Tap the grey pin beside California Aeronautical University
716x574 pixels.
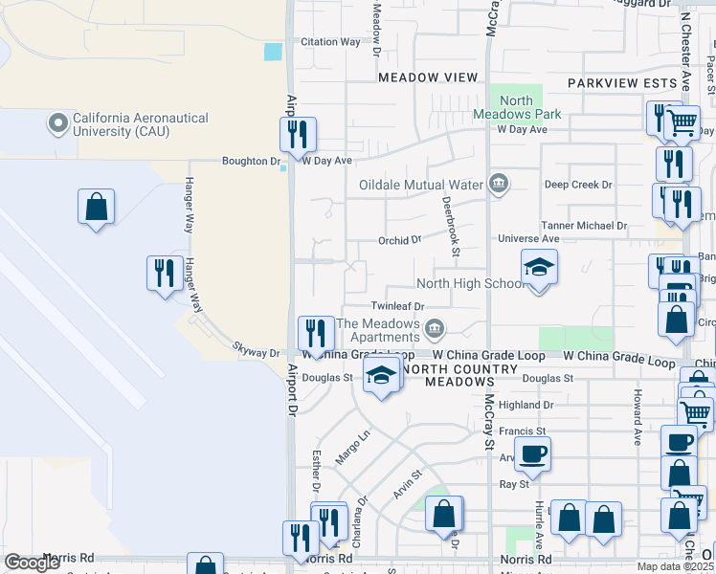[x=58, y=123]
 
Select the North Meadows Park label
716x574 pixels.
[x=516, y=107]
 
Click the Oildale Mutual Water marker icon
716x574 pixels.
[x=498, y=185]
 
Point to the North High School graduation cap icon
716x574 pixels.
[x=539, y=268]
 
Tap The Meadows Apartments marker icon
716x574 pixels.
[x=435, y=330]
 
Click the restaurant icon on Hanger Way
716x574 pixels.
[x=165, y=274]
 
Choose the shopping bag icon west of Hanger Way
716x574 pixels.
[x=96, y=207]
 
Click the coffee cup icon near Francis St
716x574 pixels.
[x=532, y=453]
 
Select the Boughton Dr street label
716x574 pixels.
[x=250, y=162]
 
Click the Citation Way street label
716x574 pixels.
[x=331, y=42]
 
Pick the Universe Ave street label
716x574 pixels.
[x=528, y=238]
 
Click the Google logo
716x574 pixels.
[x=33, y=563]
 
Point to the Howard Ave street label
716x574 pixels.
[x=636, y=417]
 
